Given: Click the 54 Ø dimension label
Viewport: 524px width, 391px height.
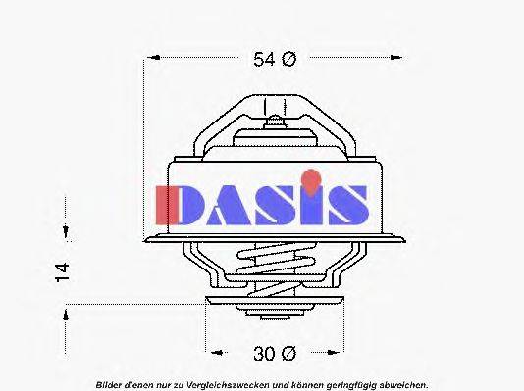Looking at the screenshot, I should (274, 60).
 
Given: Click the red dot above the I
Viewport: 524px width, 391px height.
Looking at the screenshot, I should (311, 178).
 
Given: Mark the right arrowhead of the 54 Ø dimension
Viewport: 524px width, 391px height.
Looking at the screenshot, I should (400, 60).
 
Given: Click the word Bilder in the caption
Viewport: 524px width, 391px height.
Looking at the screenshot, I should (110, 384).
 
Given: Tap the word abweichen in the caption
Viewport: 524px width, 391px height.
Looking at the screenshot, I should (403, 384).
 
